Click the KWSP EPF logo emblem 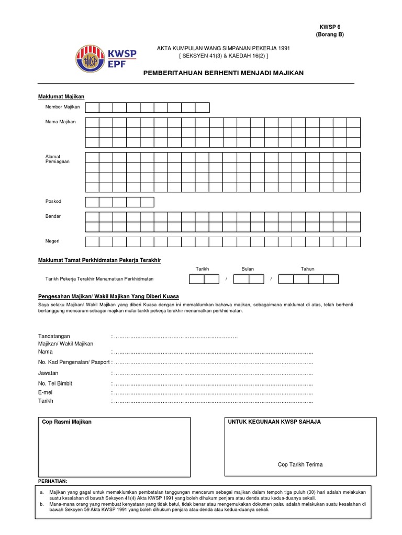coord(90,57)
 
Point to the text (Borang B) coord(330,34)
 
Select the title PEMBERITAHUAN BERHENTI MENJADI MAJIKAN coord(223,74)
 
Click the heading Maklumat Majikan coord(61,97)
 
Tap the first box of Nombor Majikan coord(92,108)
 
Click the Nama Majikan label coord(61,122)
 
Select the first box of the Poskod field coord(92,202)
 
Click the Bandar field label coord(53,216)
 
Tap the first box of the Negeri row coord(92,241)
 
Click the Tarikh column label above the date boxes coord(202,269)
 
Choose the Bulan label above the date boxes coord(248,269)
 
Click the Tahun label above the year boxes coord(307,269)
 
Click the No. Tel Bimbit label coord(55,383)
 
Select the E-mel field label coord(47,392)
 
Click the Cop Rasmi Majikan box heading coord(66,422)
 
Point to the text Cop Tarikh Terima coord(300,464)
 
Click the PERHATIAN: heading coord(53,481)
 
